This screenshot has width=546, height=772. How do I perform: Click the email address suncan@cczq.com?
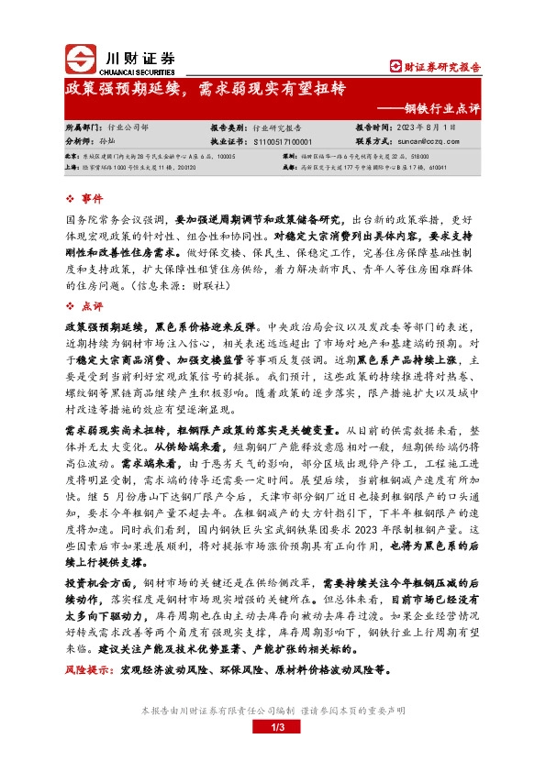coord(424,142)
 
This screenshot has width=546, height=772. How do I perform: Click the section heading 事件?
coord(93,199)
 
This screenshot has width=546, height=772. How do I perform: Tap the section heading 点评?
coord(93,305)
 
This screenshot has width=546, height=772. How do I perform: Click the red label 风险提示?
coord(87,671)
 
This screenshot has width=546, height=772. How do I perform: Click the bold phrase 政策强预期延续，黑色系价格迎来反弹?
coord(158,325)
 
